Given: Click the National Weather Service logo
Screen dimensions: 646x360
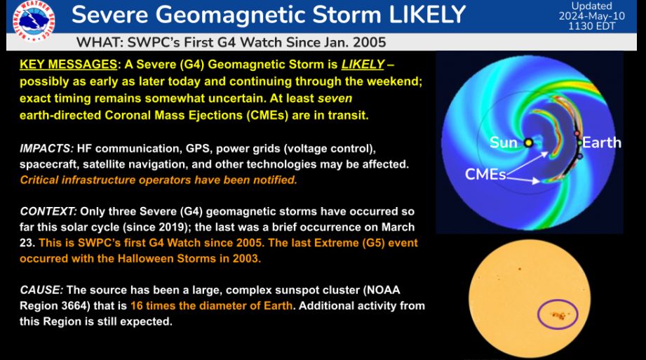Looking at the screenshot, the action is [x=34, y=20].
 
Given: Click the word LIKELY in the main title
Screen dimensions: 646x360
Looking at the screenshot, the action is [x=427, y=15].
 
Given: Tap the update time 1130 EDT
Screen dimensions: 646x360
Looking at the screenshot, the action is [x=591, y=27].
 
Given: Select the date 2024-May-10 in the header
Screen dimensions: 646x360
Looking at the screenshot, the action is [x=591, y=16].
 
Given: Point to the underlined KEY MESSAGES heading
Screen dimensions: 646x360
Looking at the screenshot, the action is [x=69, y=65].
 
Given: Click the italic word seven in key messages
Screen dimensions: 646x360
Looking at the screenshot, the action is [x=335, y=98].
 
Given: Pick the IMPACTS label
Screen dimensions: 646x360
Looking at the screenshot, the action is [x=46, y=149].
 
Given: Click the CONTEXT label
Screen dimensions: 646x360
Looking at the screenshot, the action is [x=48, y=211].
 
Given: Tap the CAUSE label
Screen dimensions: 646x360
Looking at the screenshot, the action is [x=41, y=290].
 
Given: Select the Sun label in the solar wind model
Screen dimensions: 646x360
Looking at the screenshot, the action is [x=503, y=142].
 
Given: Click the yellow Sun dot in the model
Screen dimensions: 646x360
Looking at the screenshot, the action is [x=528, y=143].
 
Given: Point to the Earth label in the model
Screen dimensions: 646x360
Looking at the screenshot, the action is [x=602, y=142].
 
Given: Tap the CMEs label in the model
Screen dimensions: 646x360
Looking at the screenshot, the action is [x=485, y=175].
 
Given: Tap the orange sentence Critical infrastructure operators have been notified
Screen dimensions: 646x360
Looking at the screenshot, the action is [x=159, y=180].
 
